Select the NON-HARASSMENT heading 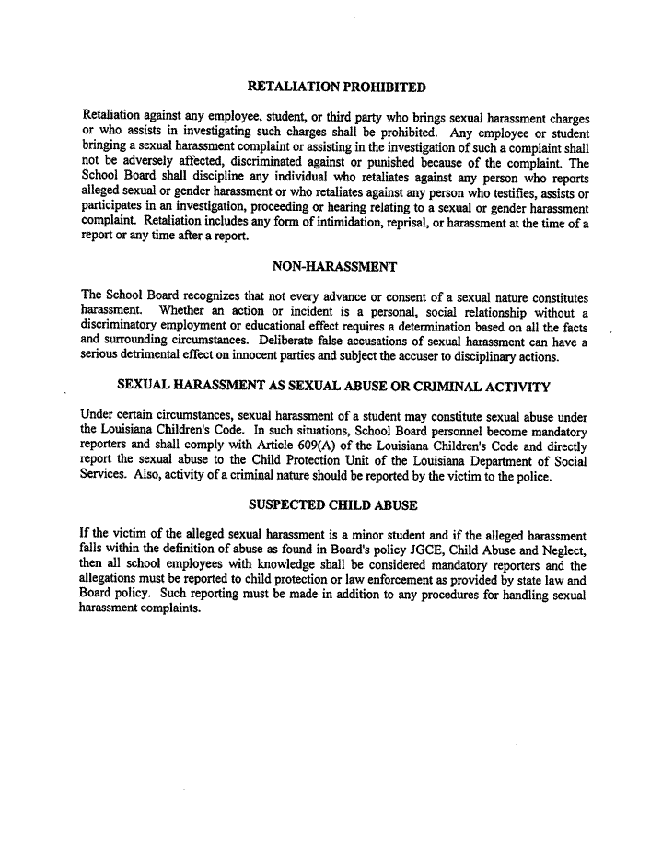(x=335, y=267)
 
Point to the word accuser (x=429, y=356)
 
